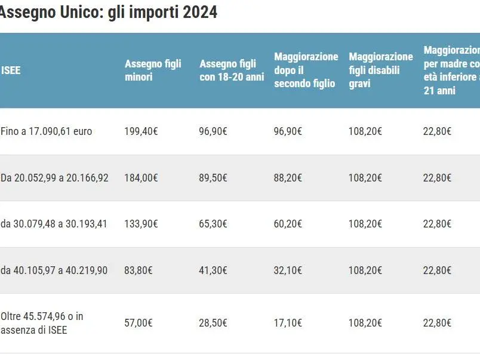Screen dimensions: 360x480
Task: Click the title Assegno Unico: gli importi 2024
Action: click(x=107, y=12)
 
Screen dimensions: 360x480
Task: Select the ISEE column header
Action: click(x=11, y=70)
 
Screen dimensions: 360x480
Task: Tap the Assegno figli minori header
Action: click(x=153, y=70)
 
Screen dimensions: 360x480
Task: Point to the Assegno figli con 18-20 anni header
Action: click(x=232, y=70)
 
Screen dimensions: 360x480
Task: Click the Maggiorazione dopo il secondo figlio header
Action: click(x=306, y=70)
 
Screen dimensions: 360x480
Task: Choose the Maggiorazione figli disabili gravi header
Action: click(x=380, y=70)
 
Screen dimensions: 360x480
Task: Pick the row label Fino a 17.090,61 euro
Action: click(x=47, y=131)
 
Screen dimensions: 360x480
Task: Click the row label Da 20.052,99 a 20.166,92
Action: click(x=54, y=178)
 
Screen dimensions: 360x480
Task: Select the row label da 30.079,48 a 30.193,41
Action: click(x=54, y=224)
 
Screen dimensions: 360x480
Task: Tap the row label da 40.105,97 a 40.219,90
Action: click(x=54, y=270)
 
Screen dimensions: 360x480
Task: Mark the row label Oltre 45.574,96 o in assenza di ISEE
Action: click(x=42, y=323)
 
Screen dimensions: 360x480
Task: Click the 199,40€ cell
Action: click(x=141, y=131)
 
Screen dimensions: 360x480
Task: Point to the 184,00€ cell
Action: click(x=141, y=178)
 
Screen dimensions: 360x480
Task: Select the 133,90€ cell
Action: click(x=141, y=224)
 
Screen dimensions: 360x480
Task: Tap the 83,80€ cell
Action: click(x=139, y=270)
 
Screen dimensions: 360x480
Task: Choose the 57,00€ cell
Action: click(x=139, y=323)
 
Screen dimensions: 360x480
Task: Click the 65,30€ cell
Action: click(x=213, y=224)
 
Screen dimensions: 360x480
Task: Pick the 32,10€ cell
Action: click(x=288, y=270)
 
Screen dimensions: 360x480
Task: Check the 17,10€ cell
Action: click(x=288, y=323)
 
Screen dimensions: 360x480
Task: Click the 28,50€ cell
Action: click(x=213, y=323)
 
